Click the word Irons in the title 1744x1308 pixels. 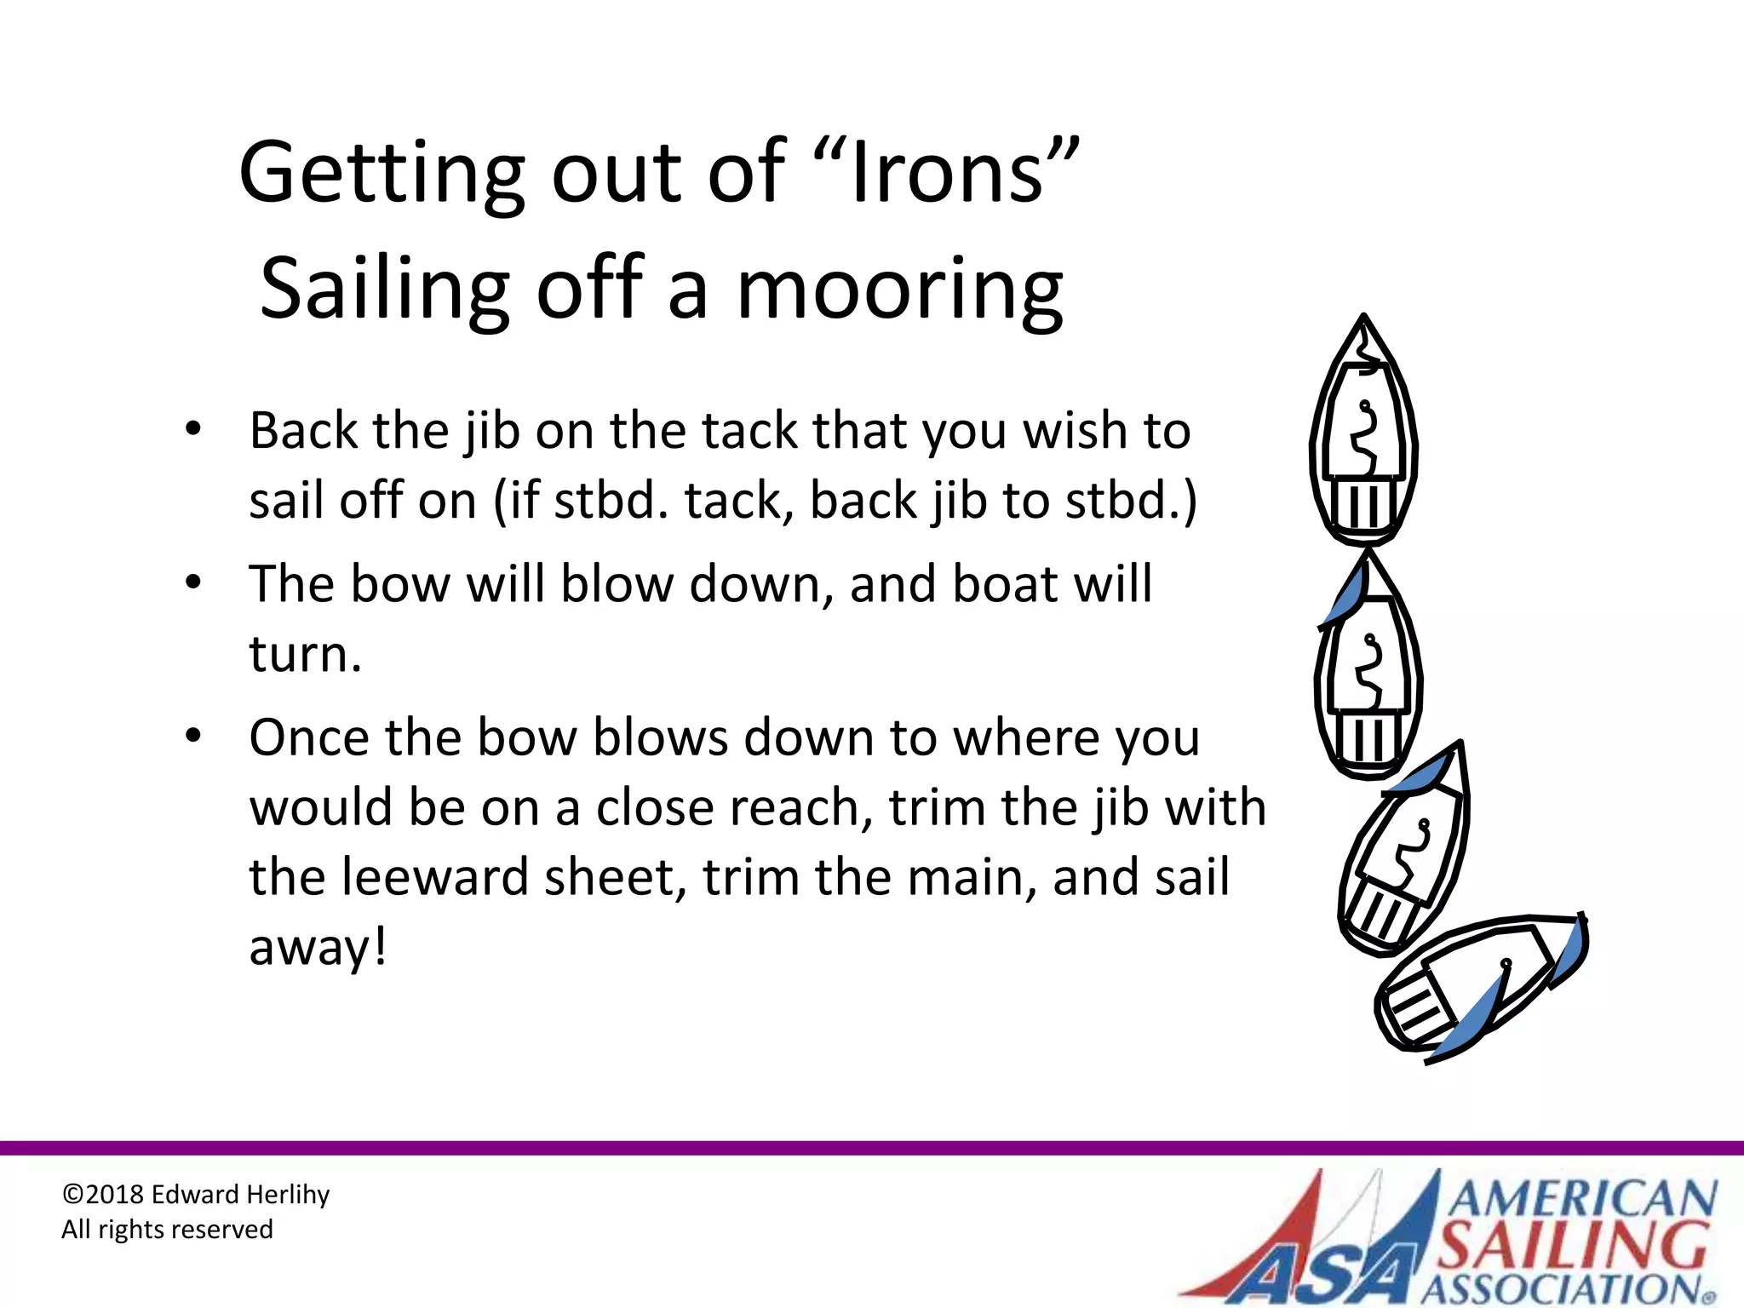click(x=947, y=174)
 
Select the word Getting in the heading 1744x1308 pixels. click(x=381, y=174)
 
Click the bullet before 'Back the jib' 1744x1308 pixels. click(x=193, y=428)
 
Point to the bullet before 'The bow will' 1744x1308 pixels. click(x=193, y=582)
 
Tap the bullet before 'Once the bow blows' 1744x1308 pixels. click(x=193, y=736)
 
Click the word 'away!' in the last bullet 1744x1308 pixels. click(x=318, y=947)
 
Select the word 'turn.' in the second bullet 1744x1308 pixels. click(x=305, y=654)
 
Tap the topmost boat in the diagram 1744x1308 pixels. click(x=1363, y=434)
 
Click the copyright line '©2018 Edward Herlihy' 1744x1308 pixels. click(x=195, y=1195)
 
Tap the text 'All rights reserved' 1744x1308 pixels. click(x=167, y=1230)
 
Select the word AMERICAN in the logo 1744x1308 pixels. click(x=1582, y=1199)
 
